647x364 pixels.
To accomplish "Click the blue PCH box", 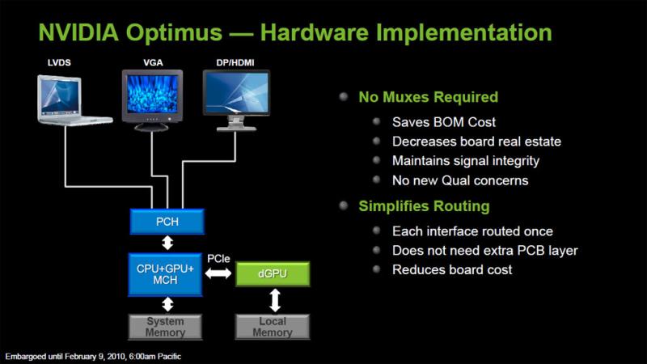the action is [167, 222].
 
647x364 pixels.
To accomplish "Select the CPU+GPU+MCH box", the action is [165, 274].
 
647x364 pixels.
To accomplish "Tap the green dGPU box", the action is [273, 273].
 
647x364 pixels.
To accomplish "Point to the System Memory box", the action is [165, 327].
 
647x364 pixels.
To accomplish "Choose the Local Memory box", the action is [273, 327].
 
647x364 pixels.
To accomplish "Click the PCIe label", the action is [218, 259].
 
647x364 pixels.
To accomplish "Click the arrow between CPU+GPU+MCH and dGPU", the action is [218, 273].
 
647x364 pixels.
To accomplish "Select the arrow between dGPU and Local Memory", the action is [275, 300].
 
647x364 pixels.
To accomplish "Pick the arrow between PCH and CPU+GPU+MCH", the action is [167, 243].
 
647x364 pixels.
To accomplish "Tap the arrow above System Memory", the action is [167, 305].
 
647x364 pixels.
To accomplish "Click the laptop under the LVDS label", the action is [74, 100].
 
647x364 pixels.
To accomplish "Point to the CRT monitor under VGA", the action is [152, 100].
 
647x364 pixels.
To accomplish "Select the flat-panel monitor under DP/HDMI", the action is [236, 100].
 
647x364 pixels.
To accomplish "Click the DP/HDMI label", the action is [235, 63].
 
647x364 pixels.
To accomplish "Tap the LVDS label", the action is [59, 63].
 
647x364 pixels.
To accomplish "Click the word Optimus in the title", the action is [174, 32].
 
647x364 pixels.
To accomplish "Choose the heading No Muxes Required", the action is [429, 97].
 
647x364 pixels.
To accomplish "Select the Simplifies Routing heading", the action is [424, 206].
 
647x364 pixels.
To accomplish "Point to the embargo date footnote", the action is [93, 357].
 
